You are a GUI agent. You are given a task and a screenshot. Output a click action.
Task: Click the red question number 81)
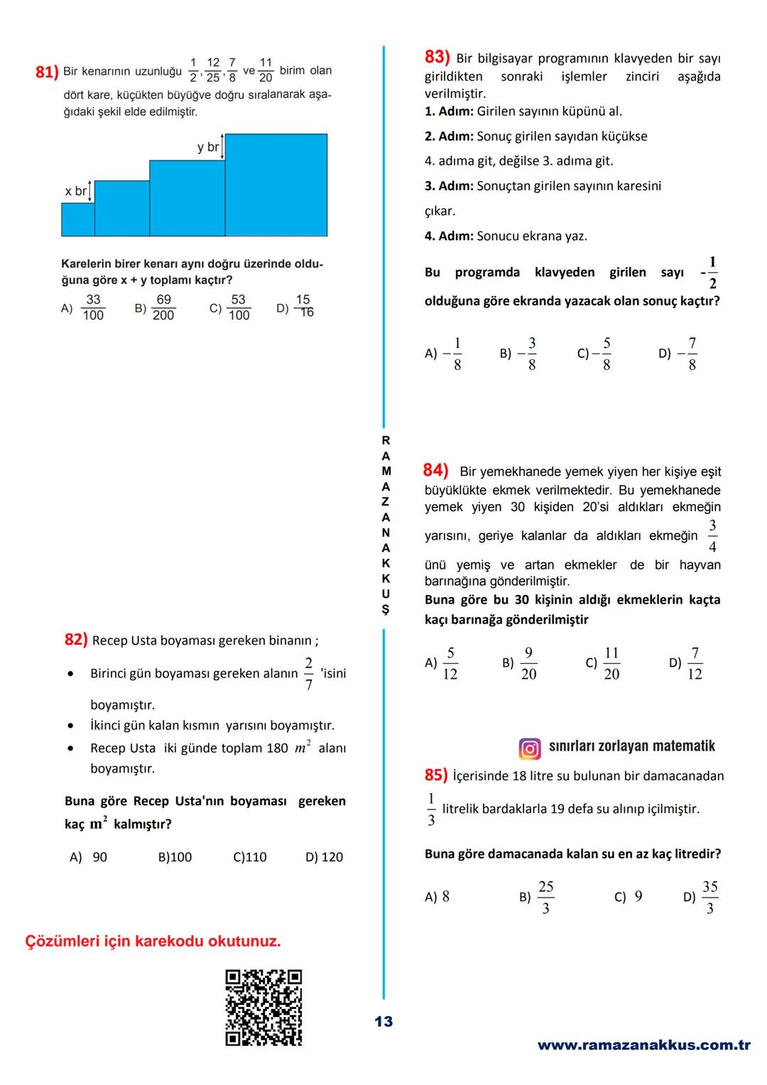(46, 72)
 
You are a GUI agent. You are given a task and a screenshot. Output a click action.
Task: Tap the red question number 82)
(76, 640)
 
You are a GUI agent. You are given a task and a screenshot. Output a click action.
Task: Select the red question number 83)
(437, 57)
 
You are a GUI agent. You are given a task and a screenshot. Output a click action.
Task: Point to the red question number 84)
(435, 470)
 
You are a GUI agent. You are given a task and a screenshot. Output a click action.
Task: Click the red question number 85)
(436, 775)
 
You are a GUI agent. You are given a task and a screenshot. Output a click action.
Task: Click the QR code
(263, 1007)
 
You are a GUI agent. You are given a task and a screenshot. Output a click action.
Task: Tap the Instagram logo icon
(530, 748)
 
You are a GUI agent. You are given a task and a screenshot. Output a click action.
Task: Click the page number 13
(383, 1022)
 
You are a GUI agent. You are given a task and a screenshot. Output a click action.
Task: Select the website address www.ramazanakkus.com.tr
(643, 1045)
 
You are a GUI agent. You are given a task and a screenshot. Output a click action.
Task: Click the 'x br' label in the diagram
(75, 191)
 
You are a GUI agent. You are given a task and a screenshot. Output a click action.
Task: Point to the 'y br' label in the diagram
(208, 148)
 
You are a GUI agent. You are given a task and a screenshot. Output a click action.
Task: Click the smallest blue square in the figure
(78, 219)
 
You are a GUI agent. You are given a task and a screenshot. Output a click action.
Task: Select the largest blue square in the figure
(276, 185)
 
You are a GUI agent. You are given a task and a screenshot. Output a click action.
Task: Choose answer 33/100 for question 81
(93, 307)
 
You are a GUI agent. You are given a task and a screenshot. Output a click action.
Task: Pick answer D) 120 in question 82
(325, 857)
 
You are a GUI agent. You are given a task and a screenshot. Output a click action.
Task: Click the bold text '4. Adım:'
(449, 236)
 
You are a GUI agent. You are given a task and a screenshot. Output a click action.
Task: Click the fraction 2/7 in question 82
(308, 673)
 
